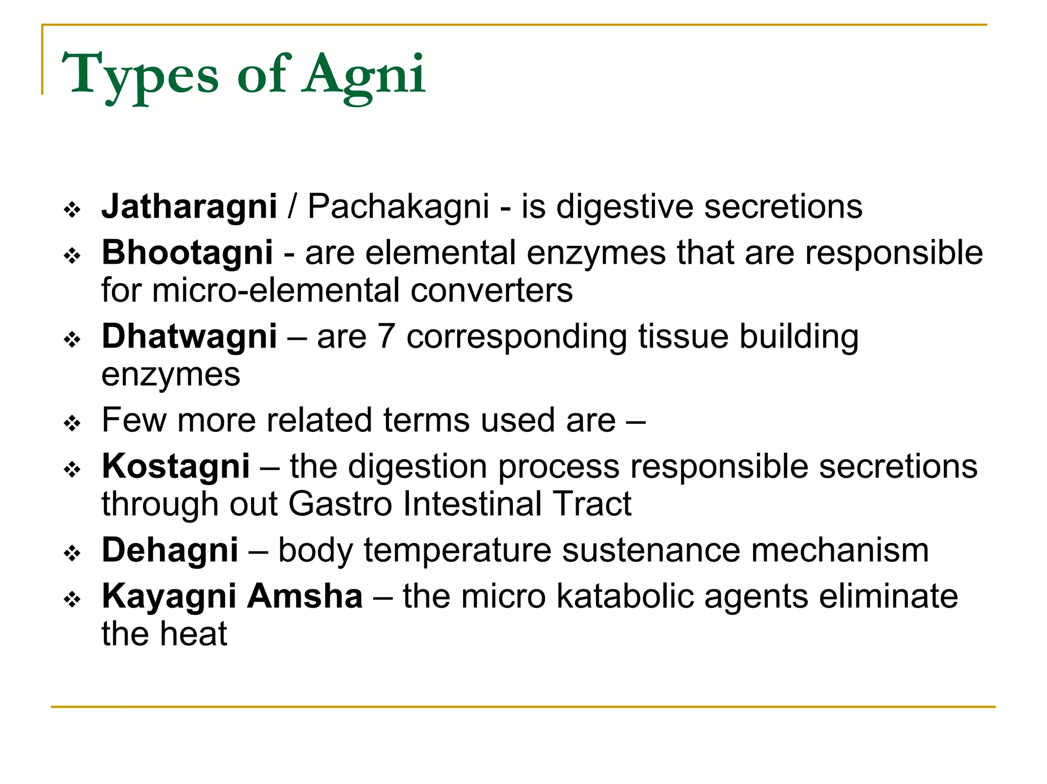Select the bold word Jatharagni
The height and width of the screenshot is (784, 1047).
tap(189, 206)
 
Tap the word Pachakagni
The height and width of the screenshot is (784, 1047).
tap(398, 206)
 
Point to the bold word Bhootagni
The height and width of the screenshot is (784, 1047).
tap(187, 252)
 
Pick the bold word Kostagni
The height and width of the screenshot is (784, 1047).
tap(176, 466)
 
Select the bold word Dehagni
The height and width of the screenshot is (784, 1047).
tap(170, 550)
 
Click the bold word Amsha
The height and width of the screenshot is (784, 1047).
tap(305, 596)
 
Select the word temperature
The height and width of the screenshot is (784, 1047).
tap(458, 550)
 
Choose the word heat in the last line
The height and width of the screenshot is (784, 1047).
tap(194, 634)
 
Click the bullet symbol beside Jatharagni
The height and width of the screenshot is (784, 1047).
tap(73, 210)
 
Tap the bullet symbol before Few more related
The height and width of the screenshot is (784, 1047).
tap(73, 423)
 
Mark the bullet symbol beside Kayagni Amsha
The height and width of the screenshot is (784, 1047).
tap(73, 599)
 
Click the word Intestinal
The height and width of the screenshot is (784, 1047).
tap(472, 504)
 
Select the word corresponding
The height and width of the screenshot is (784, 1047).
tap(516, 337)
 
